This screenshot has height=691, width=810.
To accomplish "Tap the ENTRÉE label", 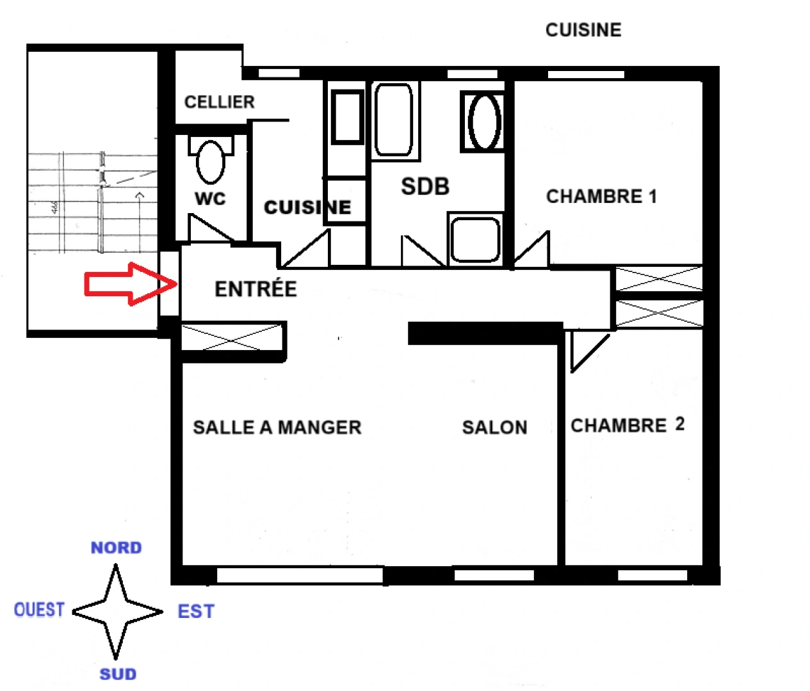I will point(255,289).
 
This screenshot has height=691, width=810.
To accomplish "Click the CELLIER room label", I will point(219,102).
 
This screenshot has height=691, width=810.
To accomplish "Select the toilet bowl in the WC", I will point(210,161).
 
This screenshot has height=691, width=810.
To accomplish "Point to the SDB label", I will point(425,187).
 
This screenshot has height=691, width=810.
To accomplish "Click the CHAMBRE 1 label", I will point(601,196).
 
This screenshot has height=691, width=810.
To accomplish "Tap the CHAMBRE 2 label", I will point(628,425).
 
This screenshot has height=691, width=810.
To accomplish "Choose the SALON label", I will point(494,427).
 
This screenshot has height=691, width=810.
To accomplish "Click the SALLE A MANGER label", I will point(277,427).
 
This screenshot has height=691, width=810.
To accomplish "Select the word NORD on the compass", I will point(116,548).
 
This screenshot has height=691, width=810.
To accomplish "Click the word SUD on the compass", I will point(118,674).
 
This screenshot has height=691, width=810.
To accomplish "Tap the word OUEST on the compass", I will point(39,610).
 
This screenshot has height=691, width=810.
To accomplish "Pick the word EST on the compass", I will point(196,612).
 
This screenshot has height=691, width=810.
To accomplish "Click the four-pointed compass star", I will point(117,612).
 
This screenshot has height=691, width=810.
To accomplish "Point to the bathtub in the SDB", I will point(393,120).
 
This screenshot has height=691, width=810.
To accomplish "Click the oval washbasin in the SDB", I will point(485,122).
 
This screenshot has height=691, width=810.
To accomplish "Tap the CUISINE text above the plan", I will point(583,30).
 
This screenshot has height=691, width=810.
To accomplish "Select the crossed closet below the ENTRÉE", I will point(232,337).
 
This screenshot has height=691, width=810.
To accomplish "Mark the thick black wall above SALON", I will point(485,333).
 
